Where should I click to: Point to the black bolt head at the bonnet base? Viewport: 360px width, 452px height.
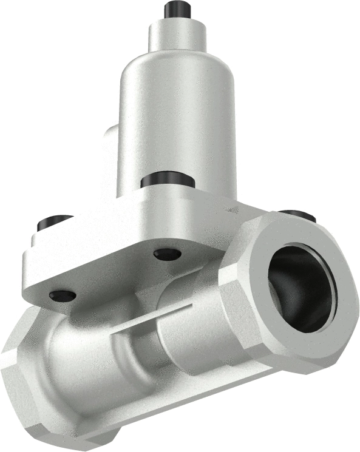tap(167, 180)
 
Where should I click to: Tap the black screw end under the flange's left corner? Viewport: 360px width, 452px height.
tap(63, 295)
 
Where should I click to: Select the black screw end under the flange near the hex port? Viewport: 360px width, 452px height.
tap(168, 254)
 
